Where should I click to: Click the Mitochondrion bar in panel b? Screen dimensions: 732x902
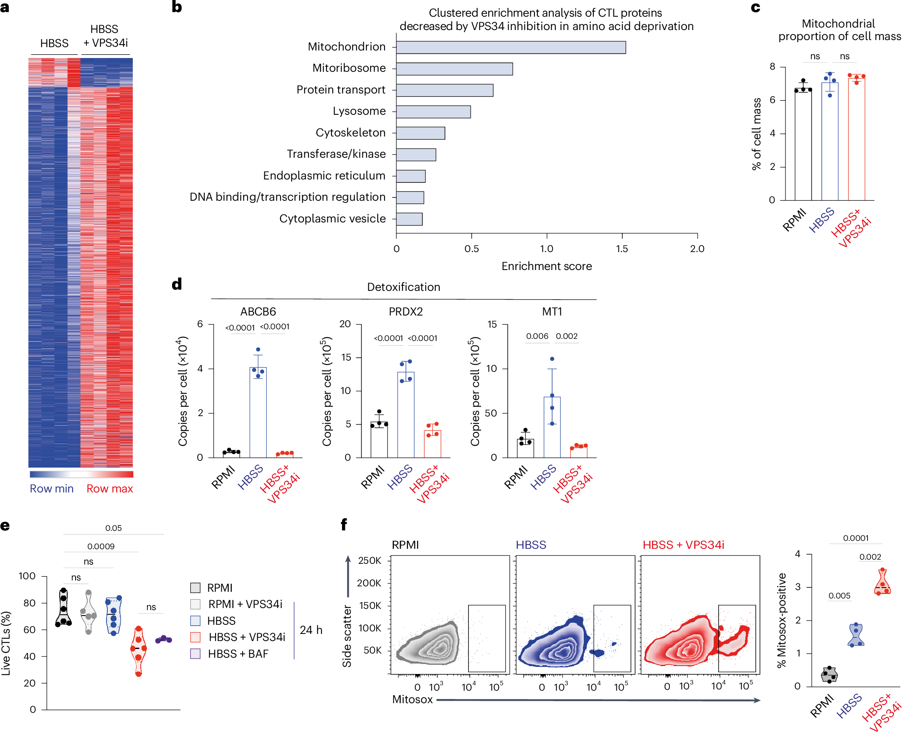pos(510,47)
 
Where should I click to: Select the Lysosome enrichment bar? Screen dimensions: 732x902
pos(433,112)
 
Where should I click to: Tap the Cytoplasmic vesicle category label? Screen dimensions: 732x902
pos(332,218)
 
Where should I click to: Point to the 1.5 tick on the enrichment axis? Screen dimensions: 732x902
pos(621,249)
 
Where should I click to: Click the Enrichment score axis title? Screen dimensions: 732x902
pos(546,266)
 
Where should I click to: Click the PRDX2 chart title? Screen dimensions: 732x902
pos(405,312)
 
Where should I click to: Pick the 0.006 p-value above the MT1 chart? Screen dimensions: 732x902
pos(537,336)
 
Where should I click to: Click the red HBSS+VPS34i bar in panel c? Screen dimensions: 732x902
pos(856,139)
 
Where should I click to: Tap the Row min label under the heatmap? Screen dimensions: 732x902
pos(51,489)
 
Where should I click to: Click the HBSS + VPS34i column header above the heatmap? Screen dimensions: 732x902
pos(105,36)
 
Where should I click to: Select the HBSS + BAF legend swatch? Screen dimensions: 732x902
pos(195,654)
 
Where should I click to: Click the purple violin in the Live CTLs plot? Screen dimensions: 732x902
pos(163,640)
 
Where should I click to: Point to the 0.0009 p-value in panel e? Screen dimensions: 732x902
pos(100,546)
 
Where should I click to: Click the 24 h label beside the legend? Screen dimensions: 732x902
pos(311,630)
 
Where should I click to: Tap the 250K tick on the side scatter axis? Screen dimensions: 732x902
pos(369,561)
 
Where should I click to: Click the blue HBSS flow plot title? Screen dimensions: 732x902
pos(530,545)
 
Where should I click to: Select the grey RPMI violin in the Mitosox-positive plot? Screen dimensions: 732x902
pos(829,675)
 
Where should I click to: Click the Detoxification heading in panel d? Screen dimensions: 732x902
pos(403,287)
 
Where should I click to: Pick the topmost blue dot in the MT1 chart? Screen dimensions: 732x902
pos(552,359)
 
